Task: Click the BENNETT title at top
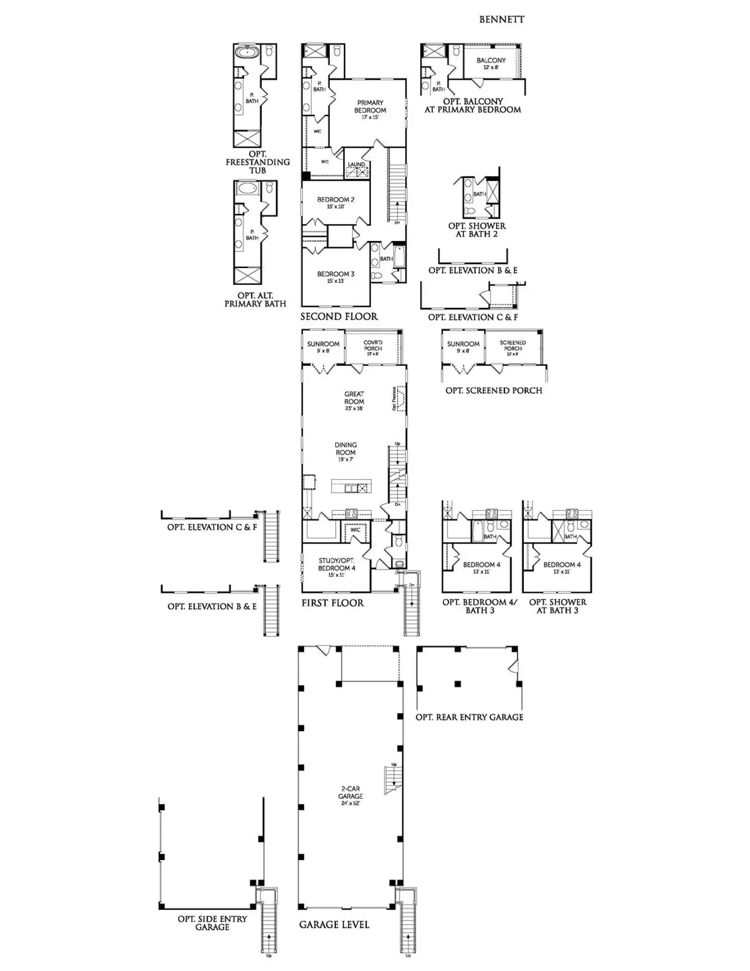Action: pos(502,19)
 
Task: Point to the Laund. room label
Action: pos(356,165)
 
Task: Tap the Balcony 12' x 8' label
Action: pos(491,63)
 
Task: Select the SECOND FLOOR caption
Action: pos(339,317)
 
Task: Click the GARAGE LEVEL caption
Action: pos(334,925)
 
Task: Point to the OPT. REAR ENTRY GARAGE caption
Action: pos(469,717)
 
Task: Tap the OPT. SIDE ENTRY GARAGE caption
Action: pos(212,923)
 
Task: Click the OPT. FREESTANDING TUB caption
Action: pos(258,162)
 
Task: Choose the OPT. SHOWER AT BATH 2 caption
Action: pos(477,230)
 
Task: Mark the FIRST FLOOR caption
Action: pos(332,603)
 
